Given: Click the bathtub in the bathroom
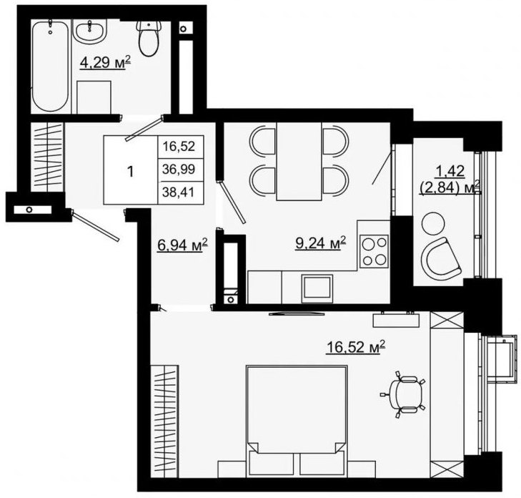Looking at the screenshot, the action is click(x=51, y=66).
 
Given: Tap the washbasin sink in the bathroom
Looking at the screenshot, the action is click(x=90, y=31).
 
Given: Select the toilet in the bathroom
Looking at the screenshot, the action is click(x=149, y=38).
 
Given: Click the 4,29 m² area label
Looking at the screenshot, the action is click(x=105, y=63).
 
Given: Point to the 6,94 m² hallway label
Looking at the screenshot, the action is click(x=182, y=246).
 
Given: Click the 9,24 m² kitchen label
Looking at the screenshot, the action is click(x=321, y=243).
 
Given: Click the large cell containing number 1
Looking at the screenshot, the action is click(x=131, y=170).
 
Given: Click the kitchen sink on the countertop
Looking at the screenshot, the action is click(x=317, y=288).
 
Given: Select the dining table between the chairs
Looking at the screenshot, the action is click(x=299, y=161).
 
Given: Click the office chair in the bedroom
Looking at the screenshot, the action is click(x=403, y=394).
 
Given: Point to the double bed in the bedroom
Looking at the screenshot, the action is click(x=297, y=421).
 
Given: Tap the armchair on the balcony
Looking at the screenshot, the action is click(x=441, y=259).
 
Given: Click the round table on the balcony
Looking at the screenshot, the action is click(x=433, y=224).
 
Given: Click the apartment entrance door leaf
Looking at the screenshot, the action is click(x=95, y=226).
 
